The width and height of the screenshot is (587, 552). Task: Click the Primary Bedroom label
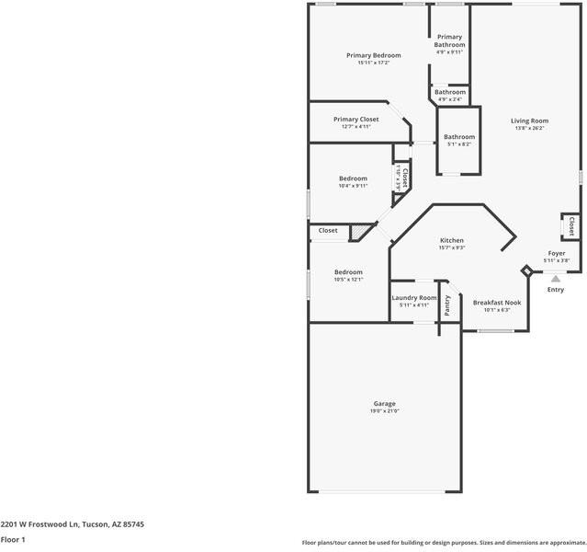373,55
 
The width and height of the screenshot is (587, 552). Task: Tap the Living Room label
529,121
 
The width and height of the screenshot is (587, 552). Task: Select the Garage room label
384,403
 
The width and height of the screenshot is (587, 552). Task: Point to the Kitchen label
452,240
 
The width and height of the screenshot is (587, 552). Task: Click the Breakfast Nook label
497,302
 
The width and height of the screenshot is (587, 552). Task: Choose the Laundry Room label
414,297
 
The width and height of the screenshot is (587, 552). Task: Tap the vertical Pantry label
447,305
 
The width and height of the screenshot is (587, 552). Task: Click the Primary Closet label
356,119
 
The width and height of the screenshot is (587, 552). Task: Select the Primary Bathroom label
449,40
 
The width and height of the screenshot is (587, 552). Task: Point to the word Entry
556,290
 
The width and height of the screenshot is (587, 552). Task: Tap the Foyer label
557,253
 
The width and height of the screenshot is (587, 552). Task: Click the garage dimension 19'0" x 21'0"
384,411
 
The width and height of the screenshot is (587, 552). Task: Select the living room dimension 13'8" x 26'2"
529,129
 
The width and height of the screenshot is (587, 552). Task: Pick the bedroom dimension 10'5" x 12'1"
348,280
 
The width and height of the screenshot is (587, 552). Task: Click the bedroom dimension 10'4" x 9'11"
353,186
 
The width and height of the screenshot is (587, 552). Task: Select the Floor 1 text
13,540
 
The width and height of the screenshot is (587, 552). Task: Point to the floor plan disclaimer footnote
444,542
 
